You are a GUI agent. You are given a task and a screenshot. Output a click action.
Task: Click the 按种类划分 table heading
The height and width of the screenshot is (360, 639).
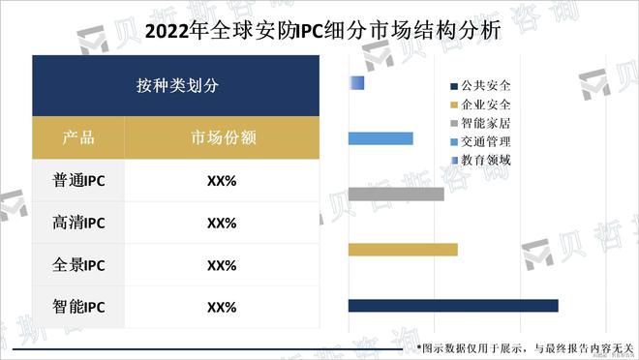tap(177, 85)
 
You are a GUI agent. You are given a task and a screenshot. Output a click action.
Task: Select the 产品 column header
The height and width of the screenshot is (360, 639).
tap(78, 137)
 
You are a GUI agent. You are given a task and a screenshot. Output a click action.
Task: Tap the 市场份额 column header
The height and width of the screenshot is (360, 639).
tap(223, 137)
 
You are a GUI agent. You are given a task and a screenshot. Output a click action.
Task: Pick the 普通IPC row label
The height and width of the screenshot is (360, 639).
tap(78, 180)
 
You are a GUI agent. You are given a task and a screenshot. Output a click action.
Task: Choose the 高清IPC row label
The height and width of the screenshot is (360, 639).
tap(78, 223)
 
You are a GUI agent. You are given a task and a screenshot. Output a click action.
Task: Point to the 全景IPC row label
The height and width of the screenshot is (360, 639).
tap(78, 265)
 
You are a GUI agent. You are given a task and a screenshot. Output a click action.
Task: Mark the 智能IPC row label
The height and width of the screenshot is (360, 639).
tap(78, 308)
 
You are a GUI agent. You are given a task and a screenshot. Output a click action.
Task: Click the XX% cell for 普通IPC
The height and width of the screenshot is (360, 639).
tap(222, 180)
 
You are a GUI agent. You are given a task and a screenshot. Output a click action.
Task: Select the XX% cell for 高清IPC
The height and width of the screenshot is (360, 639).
tap(222, 223)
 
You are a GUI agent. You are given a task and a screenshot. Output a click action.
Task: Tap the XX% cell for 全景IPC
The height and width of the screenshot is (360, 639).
tap(222, 265)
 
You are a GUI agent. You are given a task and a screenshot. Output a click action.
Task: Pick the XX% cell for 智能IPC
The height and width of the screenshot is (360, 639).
tap(222, 308)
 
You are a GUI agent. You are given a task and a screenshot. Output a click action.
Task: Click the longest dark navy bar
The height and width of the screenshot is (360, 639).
tap(452, 306)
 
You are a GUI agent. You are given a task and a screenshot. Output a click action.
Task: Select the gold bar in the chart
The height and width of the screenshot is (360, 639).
tap(402, 251)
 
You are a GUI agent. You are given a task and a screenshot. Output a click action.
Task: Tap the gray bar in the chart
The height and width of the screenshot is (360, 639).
tap(395, 195)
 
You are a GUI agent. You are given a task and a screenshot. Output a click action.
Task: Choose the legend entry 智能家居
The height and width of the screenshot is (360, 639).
tap(485, 123)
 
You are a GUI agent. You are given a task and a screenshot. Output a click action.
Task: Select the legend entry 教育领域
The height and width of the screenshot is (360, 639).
tap(485, 160)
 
